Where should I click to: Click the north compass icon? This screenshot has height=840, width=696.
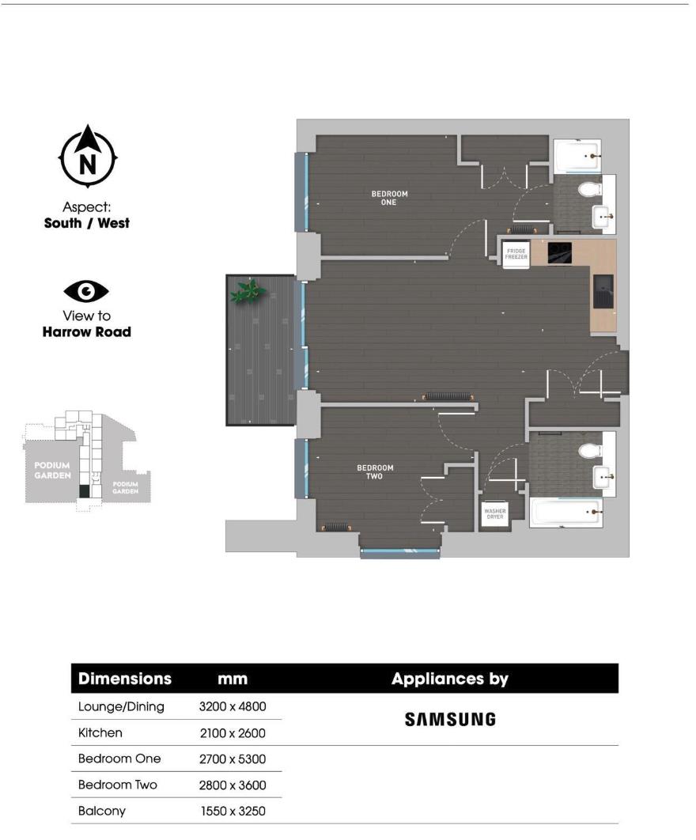[x=88, y=158]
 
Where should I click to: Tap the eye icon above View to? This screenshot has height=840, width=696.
[x=86, y=292]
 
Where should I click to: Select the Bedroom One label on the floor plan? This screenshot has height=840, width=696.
[x=389, y=198]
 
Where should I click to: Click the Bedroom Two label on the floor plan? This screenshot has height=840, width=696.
[x=375, y=472]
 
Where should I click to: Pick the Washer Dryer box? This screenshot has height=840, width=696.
[x=494, y=515]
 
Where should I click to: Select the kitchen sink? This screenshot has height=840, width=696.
[x=603, y=290]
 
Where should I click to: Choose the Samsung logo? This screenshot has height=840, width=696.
[x=450, y=719]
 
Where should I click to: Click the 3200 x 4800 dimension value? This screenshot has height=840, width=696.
[x=232, y=706]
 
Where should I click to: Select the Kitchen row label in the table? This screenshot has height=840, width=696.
[x=100, y=733]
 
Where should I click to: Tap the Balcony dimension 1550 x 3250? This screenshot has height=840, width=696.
[x=232, y=811]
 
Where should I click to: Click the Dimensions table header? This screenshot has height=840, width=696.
[x=124, y=679]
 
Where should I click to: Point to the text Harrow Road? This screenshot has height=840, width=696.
[x=86, y=332]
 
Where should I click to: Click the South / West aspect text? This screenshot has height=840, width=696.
[x=86, y=223]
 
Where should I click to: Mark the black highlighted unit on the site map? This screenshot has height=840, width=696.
[x=84, y=491]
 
